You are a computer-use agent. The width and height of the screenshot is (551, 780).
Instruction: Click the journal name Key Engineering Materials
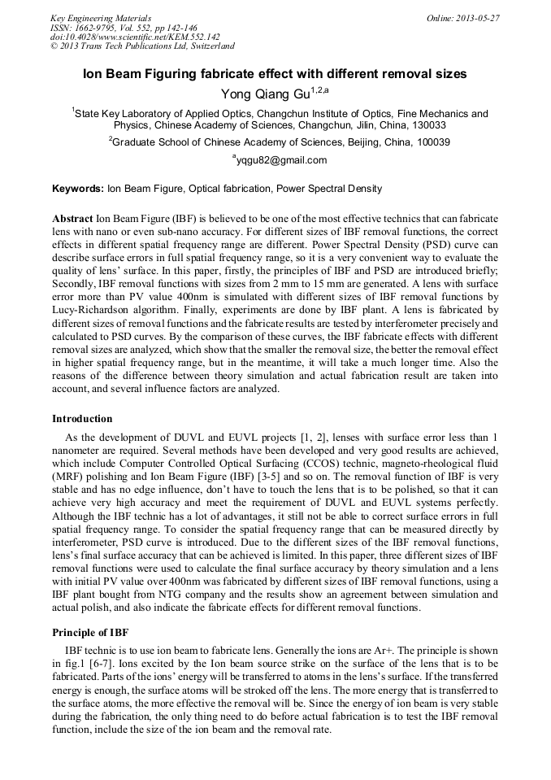[x=100, y=17]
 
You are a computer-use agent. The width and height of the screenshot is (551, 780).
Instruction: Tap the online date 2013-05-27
[x=463, y=17]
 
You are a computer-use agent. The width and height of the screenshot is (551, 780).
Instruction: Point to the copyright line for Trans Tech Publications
[x=142, y=46]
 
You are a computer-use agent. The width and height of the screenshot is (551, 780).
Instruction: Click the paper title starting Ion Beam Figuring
[x=275, y=73]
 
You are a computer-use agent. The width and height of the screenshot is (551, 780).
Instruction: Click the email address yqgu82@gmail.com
[x=280, y=160]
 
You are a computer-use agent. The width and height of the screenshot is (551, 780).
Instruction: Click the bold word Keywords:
[x=78, y=189]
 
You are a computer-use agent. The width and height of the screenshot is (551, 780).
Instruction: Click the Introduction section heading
[x=82, y=419]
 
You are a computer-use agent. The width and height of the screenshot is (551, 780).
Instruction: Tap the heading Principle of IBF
[x=90, y=632]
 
